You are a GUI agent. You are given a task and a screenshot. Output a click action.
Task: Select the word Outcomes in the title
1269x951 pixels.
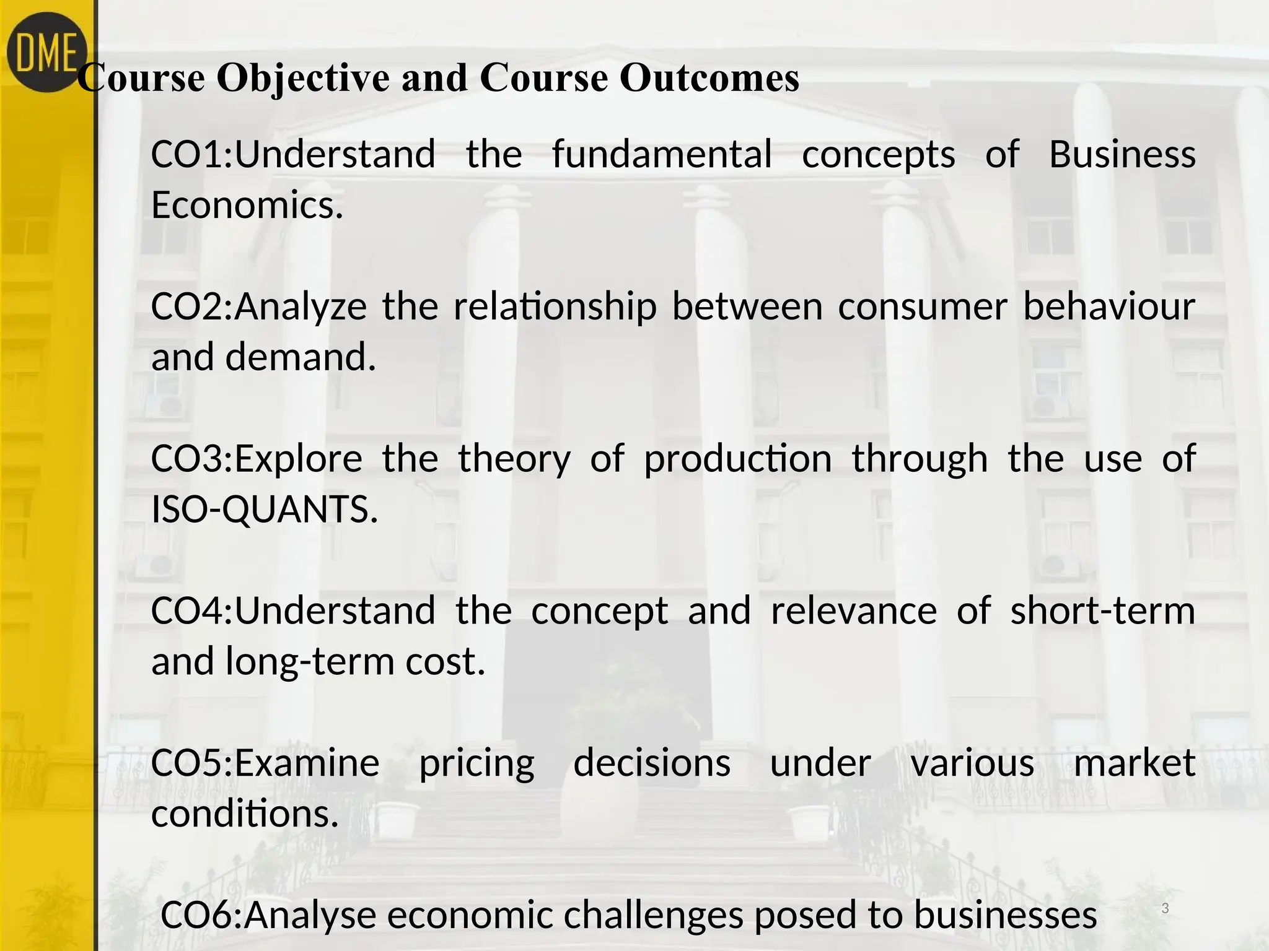pyautogui.click(x=709, y=79)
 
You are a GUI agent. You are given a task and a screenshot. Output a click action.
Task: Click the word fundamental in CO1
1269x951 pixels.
pyautogui.click(x=662, y=154)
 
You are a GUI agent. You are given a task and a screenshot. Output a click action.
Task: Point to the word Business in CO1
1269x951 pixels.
pyautogui.click(x=1122, y=154)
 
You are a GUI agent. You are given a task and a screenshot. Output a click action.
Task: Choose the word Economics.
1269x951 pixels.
pyautogui.click(x=247, y=205)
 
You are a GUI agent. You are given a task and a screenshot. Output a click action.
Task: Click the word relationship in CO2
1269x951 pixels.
pyautogui.click(x=555, y=306)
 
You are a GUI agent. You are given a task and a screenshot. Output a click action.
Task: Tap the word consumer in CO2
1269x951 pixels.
pyautogui.click(x=923, y=306)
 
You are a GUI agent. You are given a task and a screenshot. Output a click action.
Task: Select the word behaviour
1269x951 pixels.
pyautogui.click(x=1109, y=306)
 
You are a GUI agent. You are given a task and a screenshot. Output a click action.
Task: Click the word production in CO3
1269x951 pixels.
pyautogui.click(x=737, y=459)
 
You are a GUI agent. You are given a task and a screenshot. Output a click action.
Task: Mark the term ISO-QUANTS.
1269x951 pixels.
pyautogui.click(x=265, y=510)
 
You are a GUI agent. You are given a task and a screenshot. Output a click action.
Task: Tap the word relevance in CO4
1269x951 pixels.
pyautogui.click(x=854, y=610)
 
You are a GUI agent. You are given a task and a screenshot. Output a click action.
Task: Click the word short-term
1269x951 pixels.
pyautogui.click(x=1102, y=610)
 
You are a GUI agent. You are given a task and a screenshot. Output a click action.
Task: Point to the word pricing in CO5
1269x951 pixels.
pyautogui.click(x=476, y=763)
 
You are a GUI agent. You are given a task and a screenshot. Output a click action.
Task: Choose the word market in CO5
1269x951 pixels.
pyautogui.click(x=1134, y=763)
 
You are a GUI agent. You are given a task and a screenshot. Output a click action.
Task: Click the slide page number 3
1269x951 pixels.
pyautogui.click(x=1165, y=909)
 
